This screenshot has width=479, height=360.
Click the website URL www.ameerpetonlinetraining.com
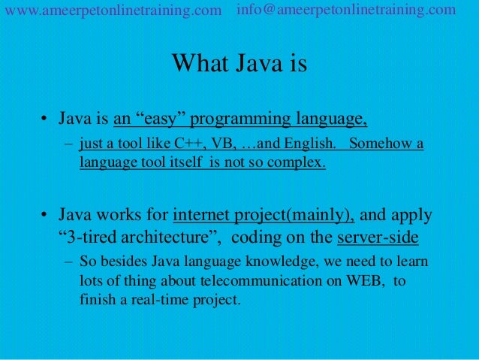113,11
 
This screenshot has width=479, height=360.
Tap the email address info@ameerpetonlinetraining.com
346,10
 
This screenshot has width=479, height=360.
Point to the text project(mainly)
294,216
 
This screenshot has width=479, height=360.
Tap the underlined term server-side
378,238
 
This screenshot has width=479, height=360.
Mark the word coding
255,238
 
